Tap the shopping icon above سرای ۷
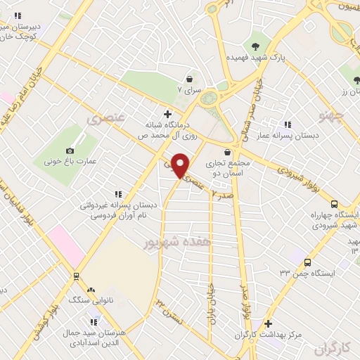coord(189,79)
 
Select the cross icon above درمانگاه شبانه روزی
coord(167,113)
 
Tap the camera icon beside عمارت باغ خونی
coord(70,150)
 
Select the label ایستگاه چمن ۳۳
coord(309,272)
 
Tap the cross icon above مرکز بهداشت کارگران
coord(268,323)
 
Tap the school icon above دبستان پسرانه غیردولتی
coord(117,194)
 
